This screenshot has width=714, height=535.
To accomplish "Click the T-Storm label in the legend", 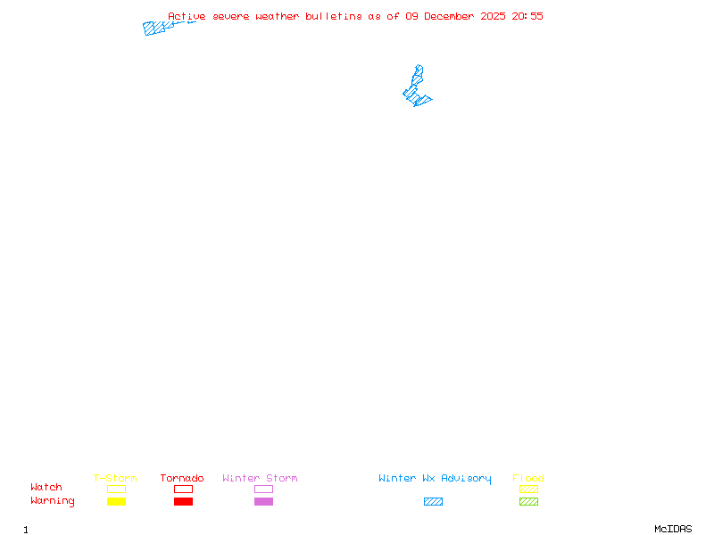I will coord(115,479).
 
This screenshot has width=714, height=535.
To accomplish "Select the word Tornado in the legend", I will coord(182,479).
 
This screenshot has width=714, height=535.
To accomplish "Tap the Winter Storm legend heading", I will coord(260,479).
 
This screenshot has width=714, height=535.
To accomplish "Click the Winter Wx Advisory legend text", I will coord(435,479).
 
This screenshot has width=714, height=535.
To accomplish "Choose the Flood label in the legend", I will coord(528,479).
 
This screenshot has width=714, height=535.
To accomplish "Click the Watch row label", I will coord(46,488).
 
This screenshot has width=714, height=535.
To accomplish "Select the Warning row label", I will coord(53,501).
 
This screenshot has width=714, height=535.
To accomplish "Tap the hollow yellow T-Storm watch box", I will coord(116,489).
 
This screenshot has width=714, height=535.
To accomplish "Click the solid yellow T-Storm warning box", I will coord(116,502).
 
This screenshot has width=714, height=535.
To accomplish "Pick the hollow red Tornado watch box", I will coord(183,489).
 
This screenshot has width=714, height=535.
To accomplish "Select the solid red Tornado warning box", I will coord(183,502).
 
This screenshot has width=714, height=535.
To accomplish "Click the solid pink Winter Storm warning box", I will coord(263,502).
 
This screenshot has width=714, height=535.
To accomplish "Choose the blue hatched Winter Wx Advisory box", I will coord(433,502).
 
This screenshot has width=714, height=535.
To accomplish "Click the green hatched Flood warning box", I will coord(528,502).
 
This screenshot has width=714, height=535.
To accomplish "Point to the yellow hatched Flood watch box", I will coord(528,489).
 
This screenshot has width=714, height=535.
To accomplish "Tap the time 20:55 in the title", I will coord(527,16).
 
